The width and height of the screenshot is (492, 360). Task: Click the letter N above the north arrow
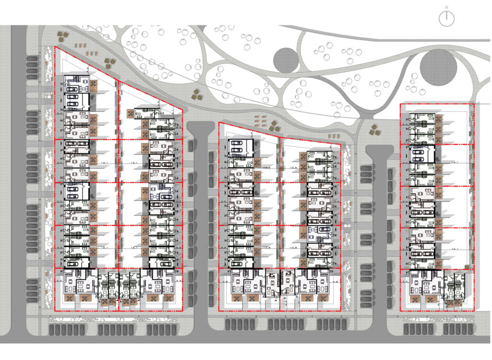(447, 7)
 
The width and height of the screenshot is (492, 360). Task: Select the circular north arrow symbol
(447, 18)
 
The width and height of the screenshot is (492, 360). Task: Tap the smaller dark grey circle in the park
(286, 60)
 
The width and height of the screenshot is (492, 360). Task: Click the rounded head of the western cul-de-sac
(200, 129)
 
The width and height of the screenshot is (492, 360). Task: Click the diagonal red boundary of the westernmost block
(120, 82)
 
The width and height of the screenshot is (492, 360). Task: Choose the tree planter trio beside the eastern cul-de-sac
(374, 129)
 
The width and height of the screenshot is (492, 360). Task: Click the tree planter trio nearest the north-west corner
(63, 35)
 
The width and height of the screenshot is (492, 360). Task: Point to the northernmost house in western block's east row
(147, 113)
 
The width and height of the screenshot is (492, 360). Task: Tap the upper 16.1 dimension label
(455, 163)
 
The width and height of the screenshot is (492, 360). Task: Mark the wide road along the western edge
(18, 182)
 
